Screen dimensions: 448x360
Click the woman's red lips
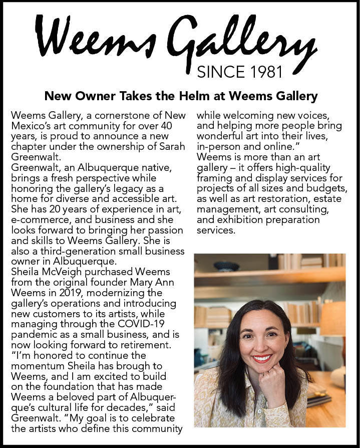[x=262, y=359]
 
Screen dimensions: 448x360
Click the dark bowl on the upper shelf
[x=226, y=267]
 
